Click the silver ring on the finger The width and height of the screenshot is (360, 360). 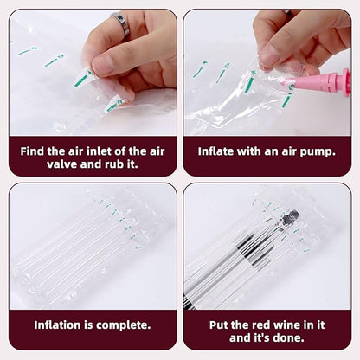121,24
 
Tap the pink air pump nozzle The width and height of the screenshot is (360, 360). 318,81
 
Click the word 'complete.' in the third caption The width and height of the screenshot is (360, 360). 124,325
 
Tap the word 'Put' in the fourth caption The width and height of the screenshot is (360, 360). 219,325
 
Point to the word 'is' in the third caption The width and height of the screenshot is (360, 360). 88,325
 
